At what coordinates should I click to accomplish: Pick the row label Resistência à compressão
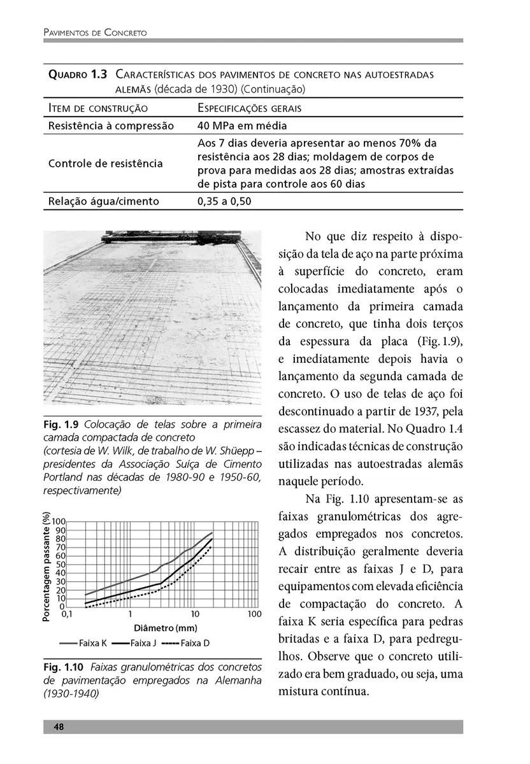point(111,125)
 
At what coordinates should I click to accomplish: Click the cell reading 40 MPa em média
point(242,125)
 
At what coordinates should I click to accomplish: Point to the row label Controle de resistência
point(105,164)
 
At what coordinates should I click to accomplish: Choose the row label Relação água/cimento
point(103,202)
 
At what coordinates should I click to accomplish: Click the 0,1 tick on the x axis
point(66,615)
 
